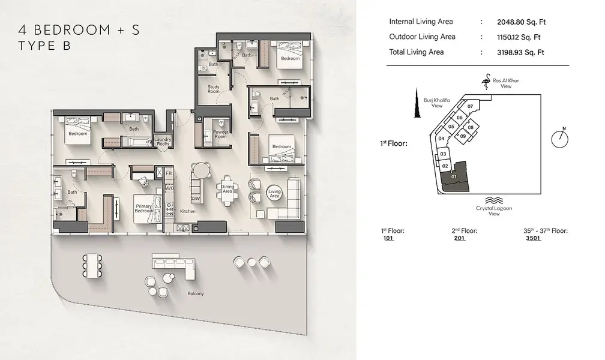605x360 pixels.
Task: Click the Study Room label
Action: [214, 89]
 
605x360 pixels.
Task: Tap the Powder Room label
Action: [221, 134]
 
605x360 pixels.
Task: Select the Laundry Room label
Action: [163, 141]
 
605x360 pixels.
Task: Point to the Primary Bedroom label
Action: [143, 208]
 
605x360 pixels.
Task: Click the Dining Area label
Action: [227, 188]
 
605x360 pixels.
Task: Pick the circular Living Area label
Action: [274, 193]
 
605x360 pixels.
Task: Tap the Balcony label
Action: [196, 293]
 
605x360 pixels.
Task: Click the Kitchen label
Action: [188, 211]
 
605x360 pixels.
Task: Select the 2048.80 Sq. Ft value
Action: [521, 22]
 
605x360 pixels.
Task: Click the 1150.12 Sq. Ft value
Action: [519, 37]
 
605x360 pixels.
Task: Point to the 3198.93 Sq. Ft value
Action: [520, 52]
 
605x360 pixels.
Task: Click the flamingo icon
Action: [486, 82]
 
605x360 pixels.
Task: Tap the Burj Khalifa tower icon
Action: [417, 103]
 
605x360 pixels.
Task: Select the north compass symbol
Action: [560, 138]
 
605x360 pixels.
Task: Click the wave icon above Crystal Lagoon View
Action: [494, 200]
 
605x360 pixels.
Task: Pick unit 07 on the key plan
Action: [470, 106]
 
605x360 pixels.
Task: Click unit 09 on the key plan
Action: [463, 136]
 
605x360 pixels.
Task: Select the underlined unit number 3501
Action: [533, 238]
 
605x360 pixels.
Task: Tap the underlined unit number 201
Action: [460, 238]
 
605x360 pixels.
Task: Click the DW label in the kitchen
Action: [196, 199]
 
